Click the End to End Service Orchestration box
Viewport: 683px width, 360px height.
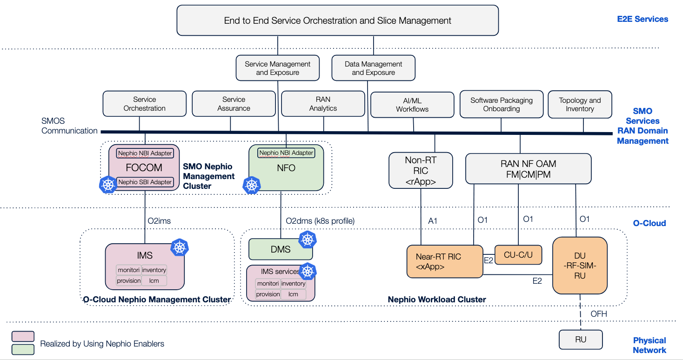click(x=337, y=20)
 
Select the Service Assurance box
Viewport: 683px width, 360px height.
click(x=234, y=104)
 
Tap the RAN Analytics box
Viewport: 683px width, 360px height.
click(x=323, y=104)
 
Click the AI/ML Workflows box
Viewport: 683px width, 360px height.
click(x=412, y=105)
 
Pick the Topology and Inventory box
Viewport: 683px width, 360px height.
click(x=580, y=104)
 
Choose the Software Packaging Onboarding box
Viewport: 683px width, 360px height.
click(x=501, y=104)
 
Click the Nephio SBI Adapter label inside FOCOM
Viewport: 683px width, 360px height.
click(x=145, y=182)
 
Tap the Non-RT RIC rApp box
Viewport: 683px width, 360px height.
click(x=421, y=171)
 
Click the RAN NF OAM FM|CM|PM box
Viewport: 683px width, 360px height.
click(x=528, y=168)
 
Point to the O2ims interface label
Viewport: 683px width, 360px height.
click(x=159, y=221)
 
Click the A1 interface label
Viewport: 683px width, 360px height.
click(x=433, y=221)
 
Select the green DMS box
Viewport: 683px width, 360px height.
click(x=281, y=249)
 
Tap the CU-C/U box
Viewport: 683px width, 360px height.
click(x=518, y=255)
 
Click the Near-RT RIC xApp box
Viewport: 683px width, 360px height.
click(x=444, y=262)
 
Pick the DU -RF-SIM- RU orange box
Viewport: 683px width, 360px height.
click(x=580, y=266)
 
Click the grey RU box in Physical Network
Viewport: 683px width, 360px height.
click(x=580, y=340)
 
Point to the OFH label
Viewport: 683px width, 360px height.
click(x=598, y=314)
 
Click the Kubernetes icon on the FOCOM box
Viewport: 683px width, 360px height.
click(x=108, y=185)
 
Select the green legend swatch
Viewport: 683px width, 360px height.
click(x=23, y=349)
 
